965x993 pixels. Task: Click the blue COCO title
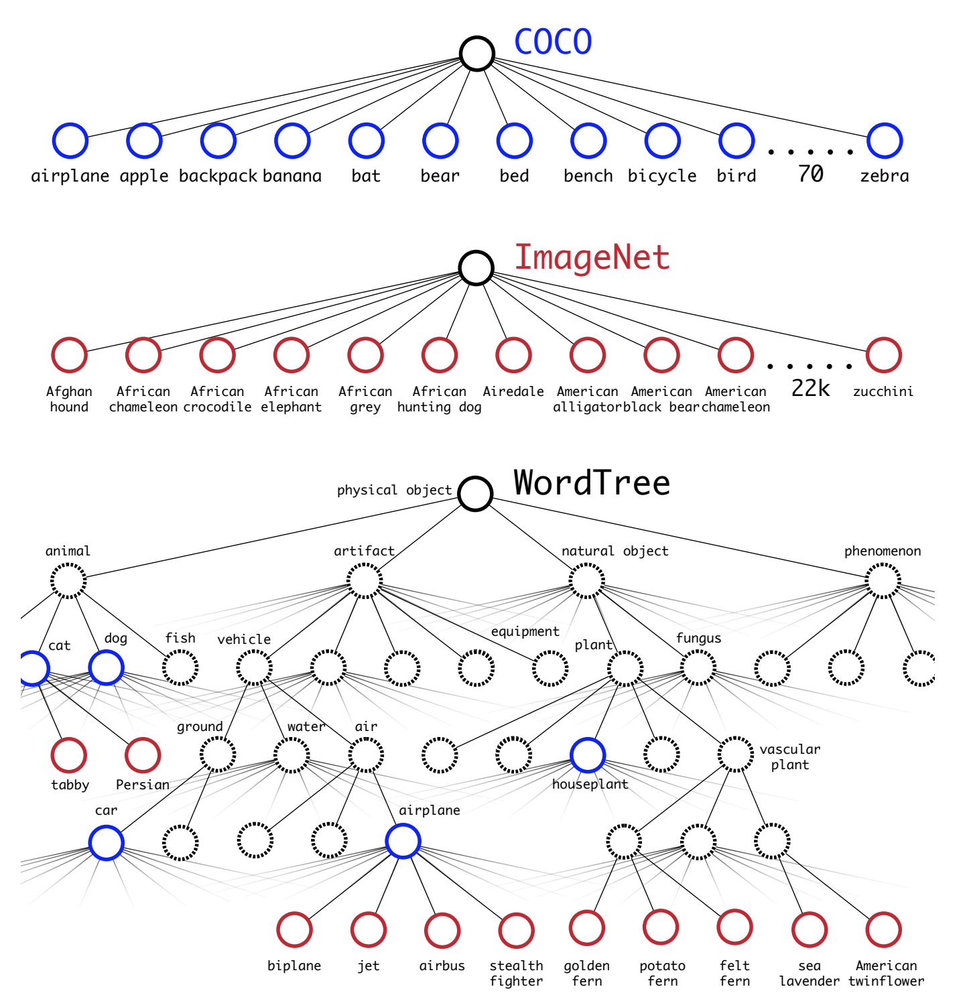(x=553, y=42)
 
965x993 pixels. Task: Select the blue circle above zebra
(x=884, y=141)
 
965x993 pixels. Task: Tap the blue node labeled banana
(x=292, y=141)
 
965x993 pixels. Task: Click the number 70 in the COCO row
(x=810, y=174)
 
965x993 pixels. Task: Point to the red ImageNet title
(x=592, y=258)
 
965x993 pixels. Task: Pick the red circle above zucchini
(x=883, y=355)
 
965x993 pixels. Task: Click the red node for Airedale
(x=513, y=355)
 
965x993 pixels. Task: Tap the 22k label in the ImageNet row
(x=810, y=389)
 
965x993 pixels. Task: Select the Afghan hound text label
(x=69, y=399)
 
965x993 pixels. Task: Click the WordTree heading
(x=592, y=483)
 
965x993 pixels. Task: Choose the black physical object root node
(x=476, y=494)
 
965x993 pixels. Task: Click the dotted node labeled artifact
(x=365, y=581)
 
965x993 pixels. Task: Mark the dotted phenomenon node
(x=883, y=581)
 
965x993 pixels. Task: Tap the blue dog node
(x=106, y=667)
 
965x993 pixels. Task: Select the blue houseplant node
(x=588, y=755)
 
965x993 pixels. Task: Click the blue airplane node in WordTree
(x=403, y=842)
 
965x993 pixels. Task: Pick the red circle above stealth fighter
(x=516, y=930)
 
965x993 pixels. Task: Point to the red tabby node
(x=68, y=755)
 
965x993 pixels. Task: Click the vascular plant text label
(x=789, y=757)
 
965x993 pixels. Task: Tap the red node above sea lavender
(x=809, y=930)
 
